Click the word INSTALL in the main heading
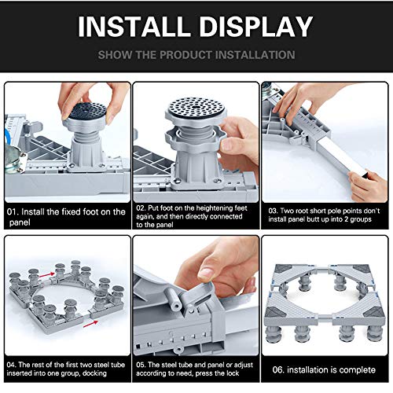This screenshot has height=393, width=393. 134,26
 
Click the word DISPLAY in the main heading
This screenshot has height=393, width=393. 256,26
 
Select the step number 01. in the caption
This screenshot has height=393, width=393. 13,211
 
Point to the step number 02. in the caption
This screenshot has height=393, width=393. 141,208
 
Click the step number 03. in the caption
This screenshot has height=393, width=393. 273,211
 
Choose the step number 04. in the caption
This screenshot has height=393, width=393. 12,365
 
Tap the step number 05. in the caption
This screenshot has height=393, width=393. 141,365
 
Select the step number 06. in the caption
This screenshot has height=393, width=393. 278,370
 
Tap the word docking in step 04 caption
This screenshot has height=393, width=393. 94,373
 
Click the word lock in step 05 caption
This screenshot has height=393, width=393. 233,373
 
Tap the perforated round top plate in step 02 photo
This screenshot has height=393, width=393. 196,108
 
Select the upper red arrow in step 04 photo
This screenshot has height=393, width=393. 46,275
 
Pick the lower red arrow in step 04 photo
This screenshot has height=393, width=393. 90,324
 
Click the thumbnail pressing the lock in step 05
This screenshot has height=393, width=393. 207,273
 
